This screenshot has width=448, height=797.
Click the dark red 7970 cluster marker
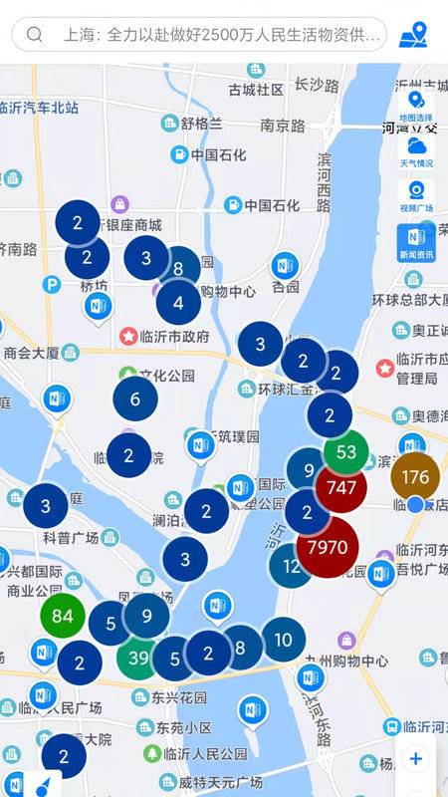(x=328, y=547)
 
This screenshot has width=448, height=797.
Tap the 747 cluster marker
(x=340, y=488)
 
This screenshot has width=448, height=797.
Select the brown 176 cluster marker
(x=415, y=477)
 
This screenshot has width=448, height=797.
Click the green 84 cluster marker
(x=63, y=616)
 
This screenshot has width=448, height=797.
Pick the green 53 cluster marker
(x=345, y=452)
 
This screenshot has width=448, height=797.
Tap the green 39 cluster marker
(x=138, y=658)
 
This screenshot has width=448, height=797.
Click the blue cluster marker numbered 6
(x=135, y=398)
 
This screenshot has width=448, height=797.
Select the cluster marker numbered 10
(x=283, y=640)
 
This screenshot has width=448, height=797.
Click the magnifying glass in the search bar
(x=35, y=35)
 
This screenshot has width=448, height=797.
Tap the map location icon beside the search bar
(x=413, y=35)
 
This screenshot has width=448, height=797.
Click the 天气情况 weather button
(x=416, y=152)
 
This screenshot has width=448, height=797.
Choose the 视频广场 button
(x=416, y=196)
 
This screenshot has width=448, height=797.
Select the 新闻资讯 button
(x=416, y=242)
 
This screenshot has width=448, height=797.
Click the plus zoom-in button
(x=415, y=759)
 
